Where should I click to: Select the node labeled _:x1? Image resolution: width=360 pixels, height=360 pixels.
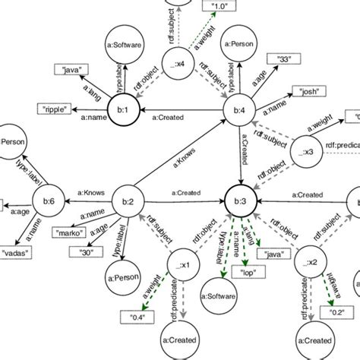pos(182,261)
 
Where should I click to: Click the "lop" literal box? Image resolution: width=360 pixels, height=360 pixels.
pos(247,271)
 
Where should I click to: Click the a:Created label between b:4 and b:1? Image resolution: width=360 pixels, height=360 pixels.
pos(175,117)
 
